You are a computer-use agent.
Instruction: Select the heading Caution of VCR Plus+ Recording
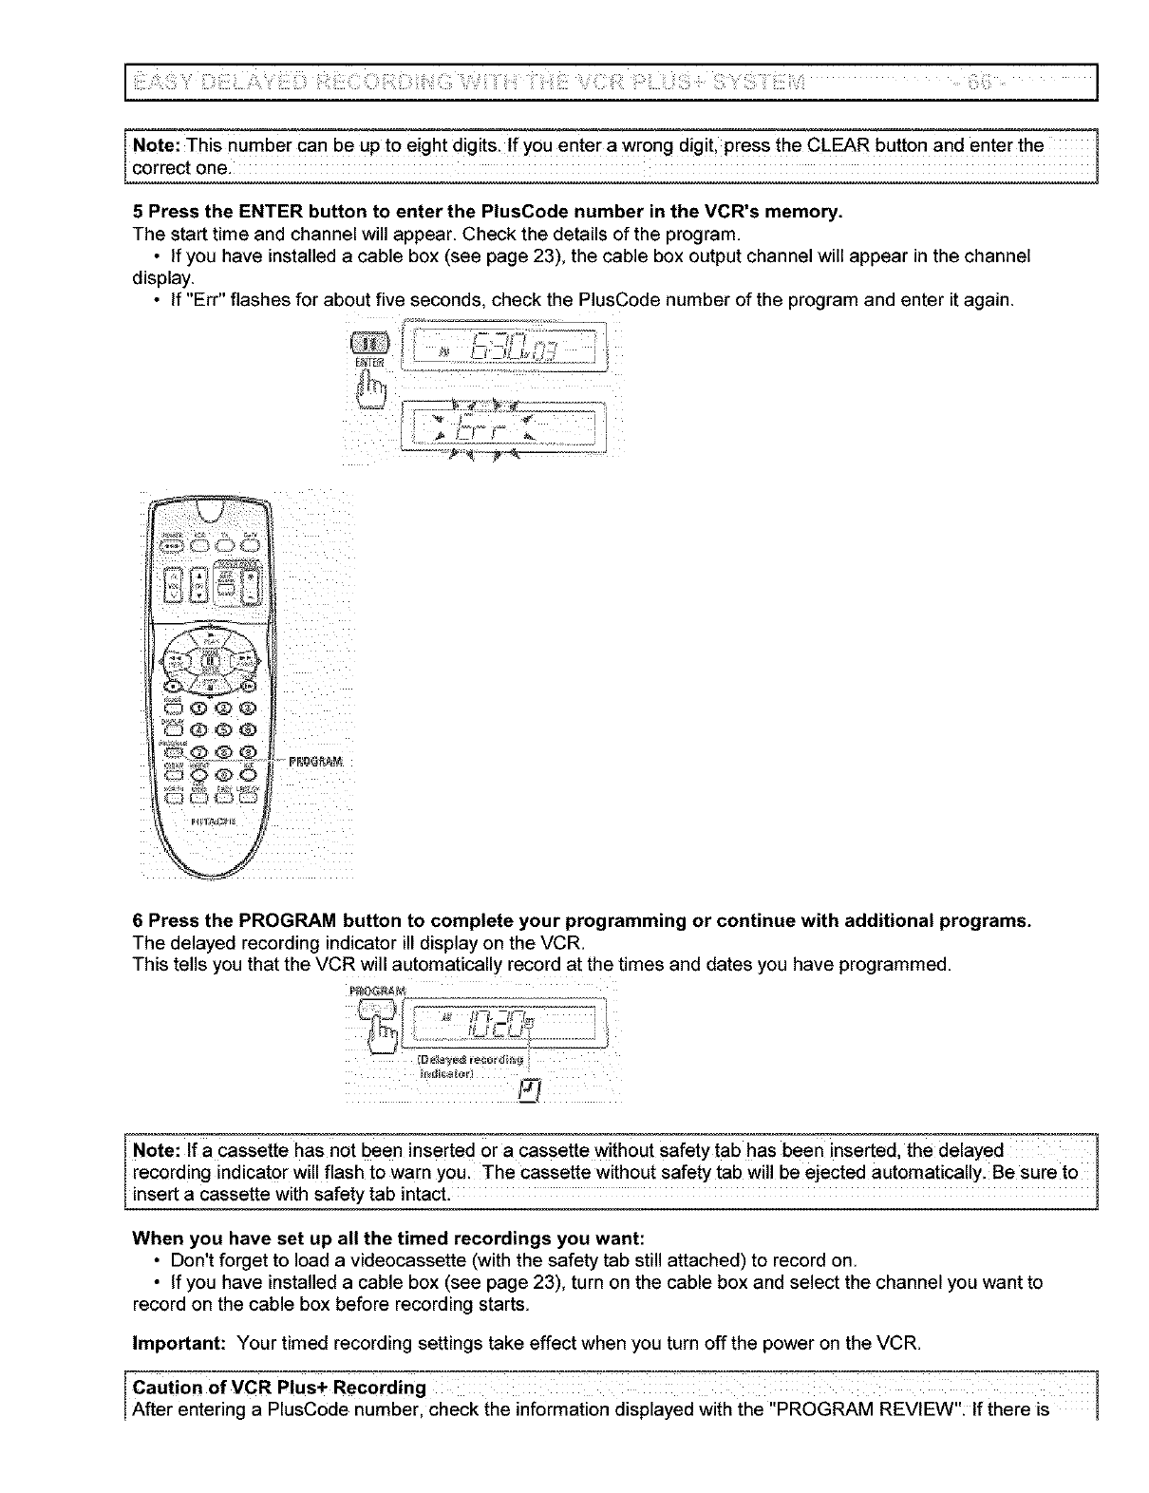click(279, 1389)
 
